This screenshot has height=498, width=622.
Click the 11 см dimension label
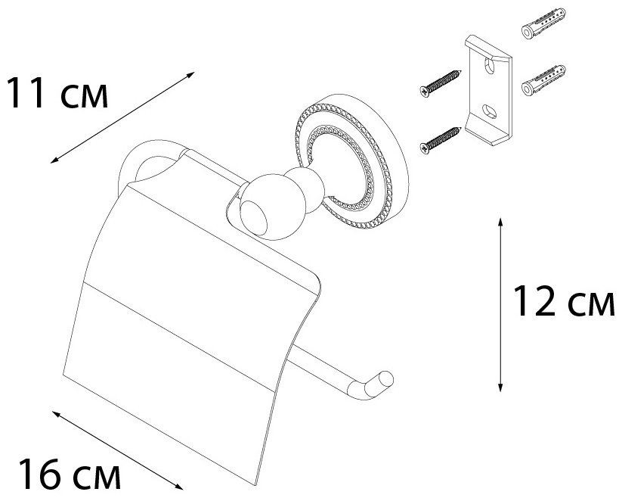pos(57,93)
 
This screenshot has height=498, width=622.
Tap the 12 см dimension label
pos(564,301)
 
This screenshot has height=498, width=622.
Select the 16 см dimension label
pos(70,474)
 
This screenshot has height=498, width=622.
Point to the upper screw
pos(441,83)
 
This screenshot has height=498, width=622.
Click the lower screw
pos(441,141)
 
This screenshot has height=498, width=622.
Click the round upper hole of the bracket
pos(490,66)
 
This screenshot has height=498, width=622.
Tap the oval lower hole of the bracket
pos(489,111)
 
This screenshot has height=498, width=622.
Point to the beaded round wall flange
pos(352,161)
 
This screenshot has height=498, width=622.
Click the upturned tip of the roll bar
pos(380,384)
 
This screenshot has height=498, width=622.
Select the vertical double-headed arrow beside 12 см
pos(500,304)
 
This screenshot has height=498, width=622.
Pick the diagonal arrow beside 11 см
pos(122,117)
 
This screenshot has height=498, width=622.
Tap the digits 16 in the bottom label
pos(42,474)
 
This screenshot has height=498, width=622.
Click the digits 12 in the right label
pos(535,301)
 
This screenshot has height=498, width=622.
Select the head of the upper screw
pos(425,92)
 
